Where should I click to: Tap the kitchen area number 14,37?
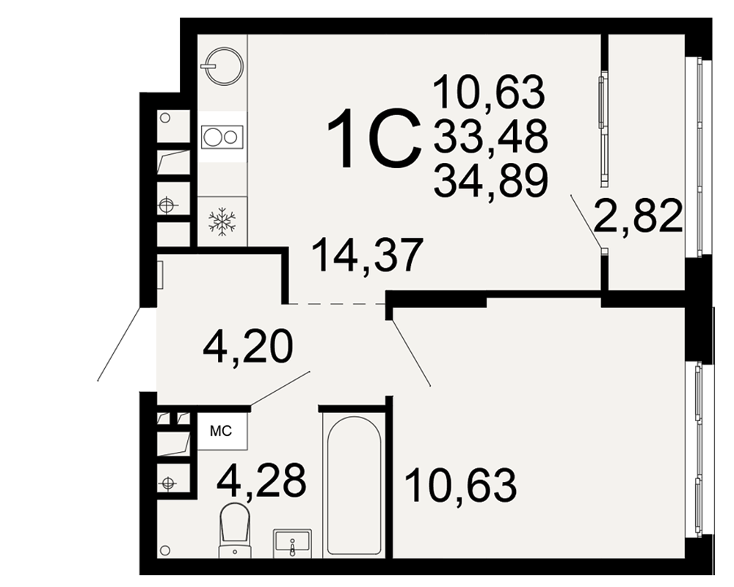367,255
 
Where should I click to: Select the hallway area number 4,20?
248,346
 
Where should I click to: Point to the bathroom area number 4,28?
261,479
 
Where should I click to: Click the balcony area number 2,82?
639,215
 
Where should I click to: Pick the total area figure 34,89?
490,181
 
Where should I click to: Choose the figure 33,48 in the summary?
490,136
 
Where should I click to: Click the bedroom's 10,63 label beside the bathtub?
461,486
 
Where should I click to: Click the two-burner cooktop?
222,137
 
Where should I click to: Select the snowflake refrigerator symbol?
222,221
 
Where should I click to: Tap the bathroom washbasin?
293,542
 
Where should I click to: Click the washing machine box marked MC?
222,431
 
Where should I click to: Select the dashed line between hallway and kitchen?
335,305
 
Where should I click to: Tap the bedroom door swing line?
411,352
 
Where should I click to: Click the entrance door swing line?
119,343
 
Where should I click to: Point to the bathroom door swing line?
280,388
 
